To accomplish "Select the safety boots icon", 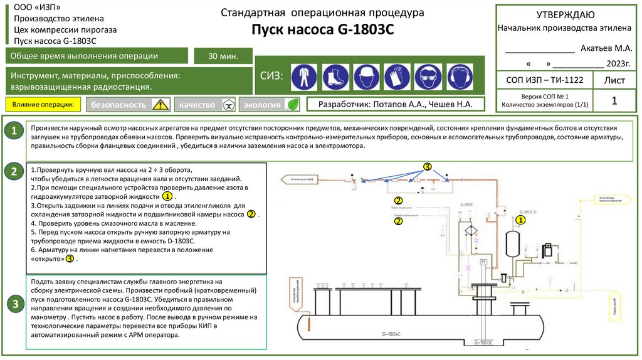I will (335, 77).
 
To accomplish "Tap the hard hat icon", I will (366, 77).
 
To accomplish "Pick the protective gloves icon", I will (396, 77).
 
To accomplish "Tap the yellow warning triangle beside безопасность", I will (161, 105).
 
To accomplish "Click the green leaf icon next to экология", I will (292, 105).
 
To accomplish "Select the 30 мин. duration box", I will (223, 56).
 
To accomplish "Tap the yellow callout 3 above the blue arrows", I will (428, 167).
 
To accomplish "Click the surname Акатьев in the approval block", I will (596, 48).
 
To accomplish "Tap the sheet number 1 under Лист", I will (614, 100).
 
